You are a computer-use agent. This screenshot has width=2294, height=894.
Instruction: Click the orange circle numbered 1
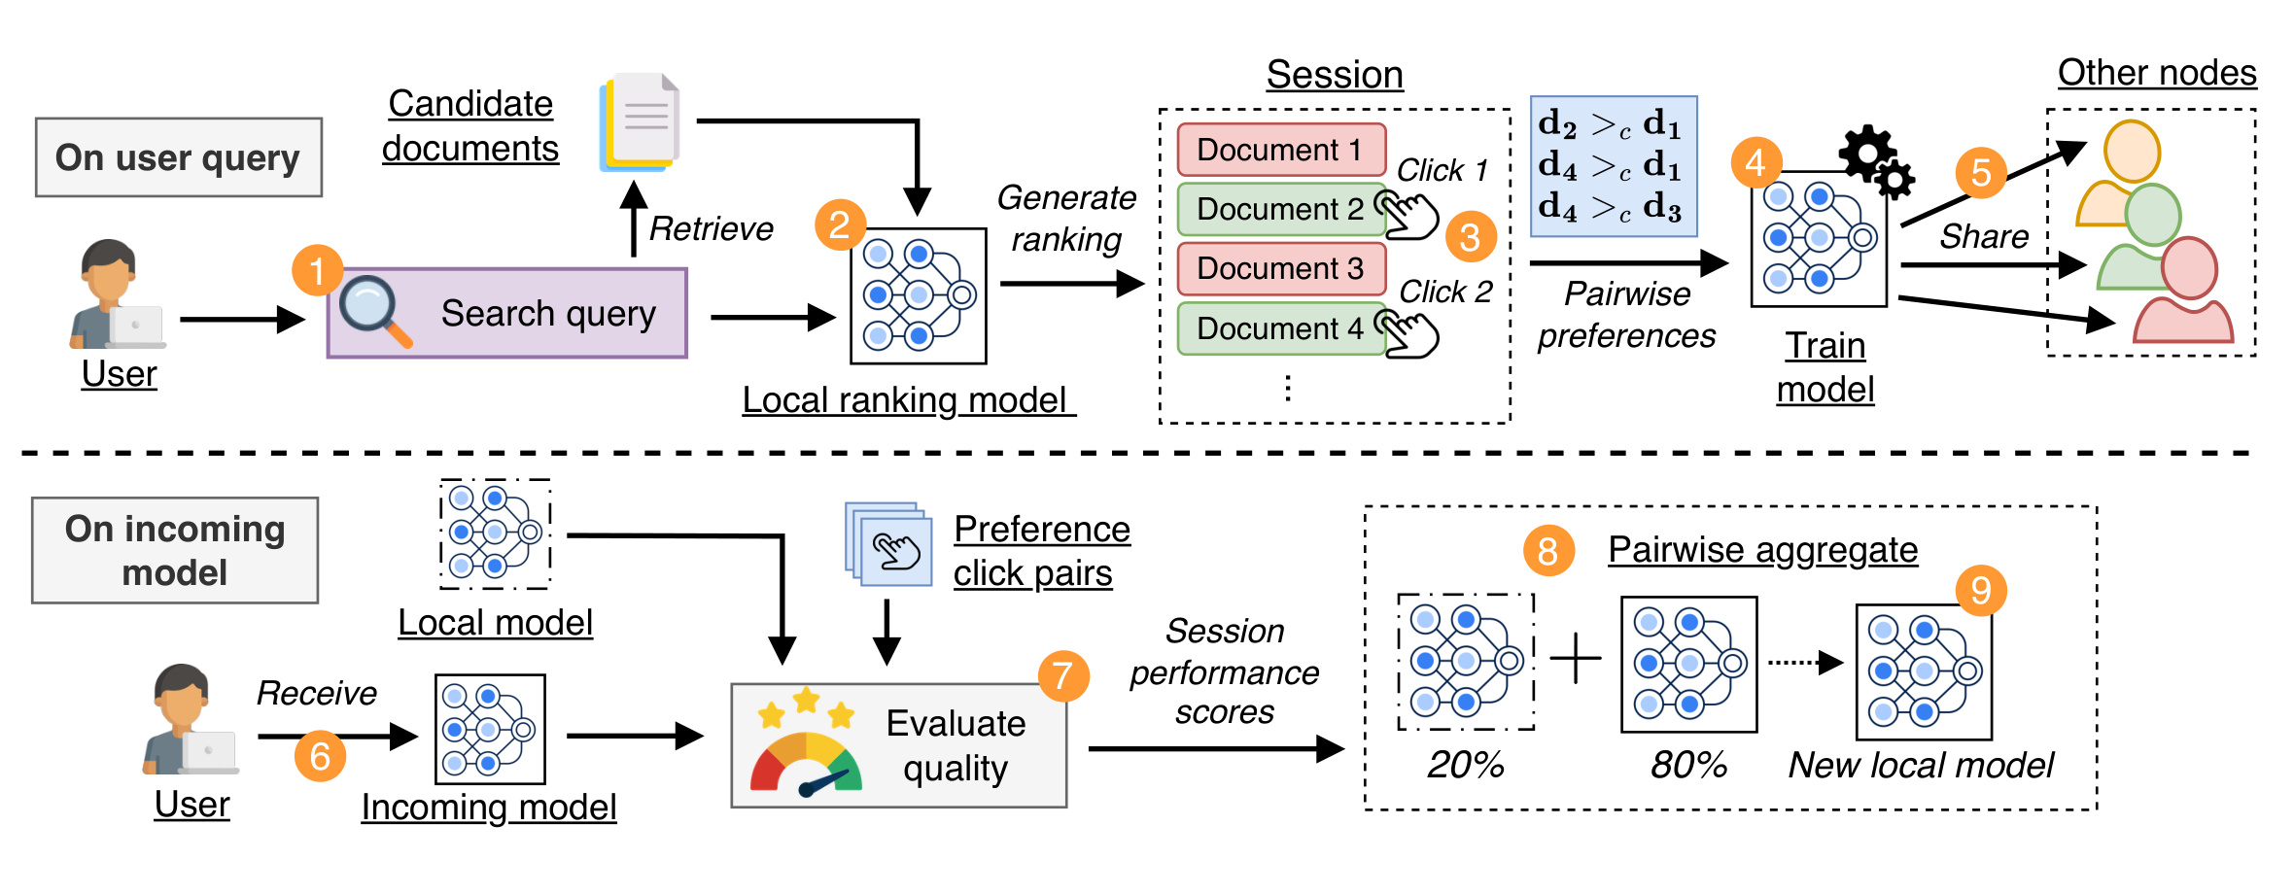pyautogui.click(x=317, y=270)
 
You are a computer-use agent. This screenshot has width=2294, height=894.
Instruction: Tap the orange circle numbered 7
pyautogui.click(x=1062, y=675)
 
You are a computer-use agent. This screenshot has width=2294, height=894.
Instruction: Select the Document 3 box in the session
pyautogui.click(x=1281, y=268)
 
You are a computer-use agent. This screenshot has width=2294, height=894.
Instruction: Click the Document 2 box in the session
pyautogui.click(x=1281, y=209)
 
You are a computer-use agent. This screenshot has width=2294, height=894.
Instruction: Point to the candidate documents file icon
pyautogui.click(x=639, y=121)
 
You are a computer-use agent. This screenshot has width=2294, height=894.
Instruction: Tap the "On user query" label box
pyautogui.click(x=179, y=157)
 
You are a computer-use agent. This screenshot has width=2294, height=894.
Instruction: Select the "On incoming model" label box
pyautogui.click(x=175, y=550)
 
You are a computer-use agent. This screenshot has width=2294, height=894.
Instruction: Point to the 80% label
pyautogui.click(x=1688, y=765)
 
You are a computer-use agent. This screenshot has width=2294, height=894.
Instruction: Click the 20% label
pyautogui.click(x=1466, y=765)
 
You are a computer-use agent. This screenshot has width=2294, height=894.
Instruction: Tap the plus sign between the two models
pyautogui.click(x=1576, y=660)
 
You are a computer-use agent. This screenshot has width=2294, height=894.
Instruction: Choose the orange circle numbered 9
pyautogui.click(x=1981, y=590)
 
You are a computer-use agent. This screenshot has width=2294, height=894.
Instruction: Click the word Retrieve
pyautogui.click(x=711, y=228)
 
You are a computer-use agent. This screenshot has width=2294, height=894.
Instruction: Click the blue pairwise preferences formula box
pyautogui.click(x=1614, y=166)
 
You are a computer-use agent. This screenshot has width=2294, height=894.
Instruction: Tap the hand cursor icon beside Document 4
pyautogui.click(x=1407, y=332)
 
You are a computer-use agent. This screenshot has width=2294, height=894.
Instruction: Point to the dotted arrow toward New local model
pyautogui.click(x=1805, y=663)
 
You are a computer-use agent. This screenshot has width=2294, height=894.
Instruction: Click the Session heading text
pyautogui.click(x=1335, y=74)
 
